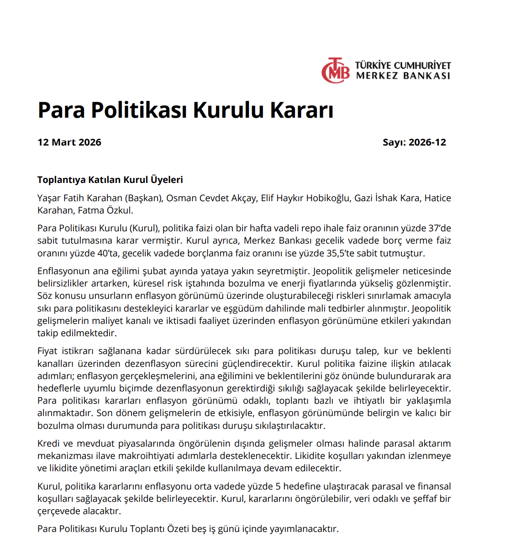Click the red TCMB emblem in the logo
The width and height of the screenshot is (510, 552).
point(336,71)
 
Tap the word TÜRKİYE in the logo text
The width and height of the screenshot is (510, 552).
point(373,65)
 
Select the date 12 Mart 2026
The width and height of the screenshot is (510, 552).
point(69,142)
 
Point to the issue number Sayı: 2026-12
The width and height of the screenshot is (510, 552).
point(414,142)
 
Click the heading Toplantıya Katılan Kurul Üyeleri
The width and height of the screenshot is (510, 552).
point(110,180)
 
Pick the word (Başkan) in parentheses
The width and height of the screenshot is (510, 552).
point(143,198)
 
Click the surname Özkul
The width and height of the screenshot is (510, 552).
point(120,211)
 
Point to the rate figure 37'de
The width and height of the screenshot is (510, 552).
point(439,229)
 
